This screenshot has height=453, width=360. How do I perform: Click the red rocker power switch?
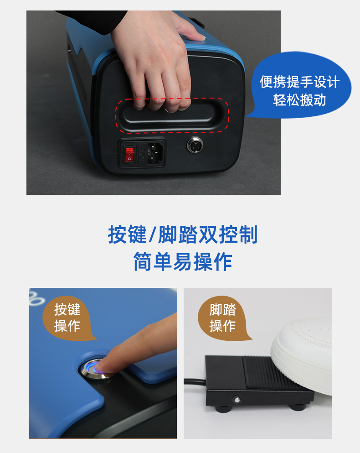[x=129, y=154]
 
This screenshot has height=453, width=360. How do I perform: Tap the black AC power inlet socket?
[x=155, y=153]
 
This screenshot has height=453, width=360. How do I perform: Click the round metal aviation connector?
[x=195, y=145]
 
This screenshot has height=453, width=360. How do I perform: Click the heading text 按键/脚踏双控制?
[x=182, y=234]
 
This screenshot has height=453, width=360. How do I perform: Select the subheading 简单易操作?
[x=182, y=261]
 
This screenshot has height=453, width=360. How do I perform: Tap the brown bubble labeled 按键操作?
[x=68, y=318]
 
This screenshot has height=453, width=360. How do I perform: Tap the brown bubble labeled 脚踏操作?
[x=223, y=318]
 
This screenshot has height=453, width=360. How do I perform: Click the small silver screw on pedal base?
[x=237, y=400]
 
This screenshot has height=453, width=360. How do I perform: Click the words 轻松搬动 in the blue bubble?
[x=300, y=100]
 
